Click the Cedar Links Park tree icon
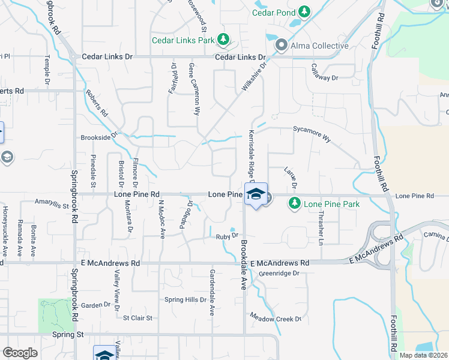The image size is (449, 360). click(223, 40)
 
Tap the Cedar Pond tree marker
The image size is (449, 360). click(304, 11)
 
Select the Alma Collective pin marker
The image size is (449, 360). click(280, 46)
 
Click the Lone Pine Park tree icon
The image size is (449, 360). click(294, 204)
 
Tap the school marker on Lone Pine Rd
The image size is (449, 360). click(256, 196)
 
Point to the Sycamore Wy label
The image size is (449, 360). click(312, 133)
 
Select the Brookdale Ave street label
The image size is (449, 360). click(244, 266)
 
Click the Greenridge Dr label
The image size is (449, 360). click(279, 274)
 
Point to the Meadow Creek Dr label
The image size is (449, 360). click(276, 318)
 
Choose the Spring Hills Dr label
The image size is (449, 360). click(185, 299)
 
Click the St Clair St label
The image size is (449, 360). click(138, 317)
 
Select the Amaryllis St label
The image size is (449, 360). click(52, 204)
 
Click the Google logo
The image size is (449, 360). click(20, 353)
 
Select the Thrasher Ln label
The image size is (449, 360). click(321, 227)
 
